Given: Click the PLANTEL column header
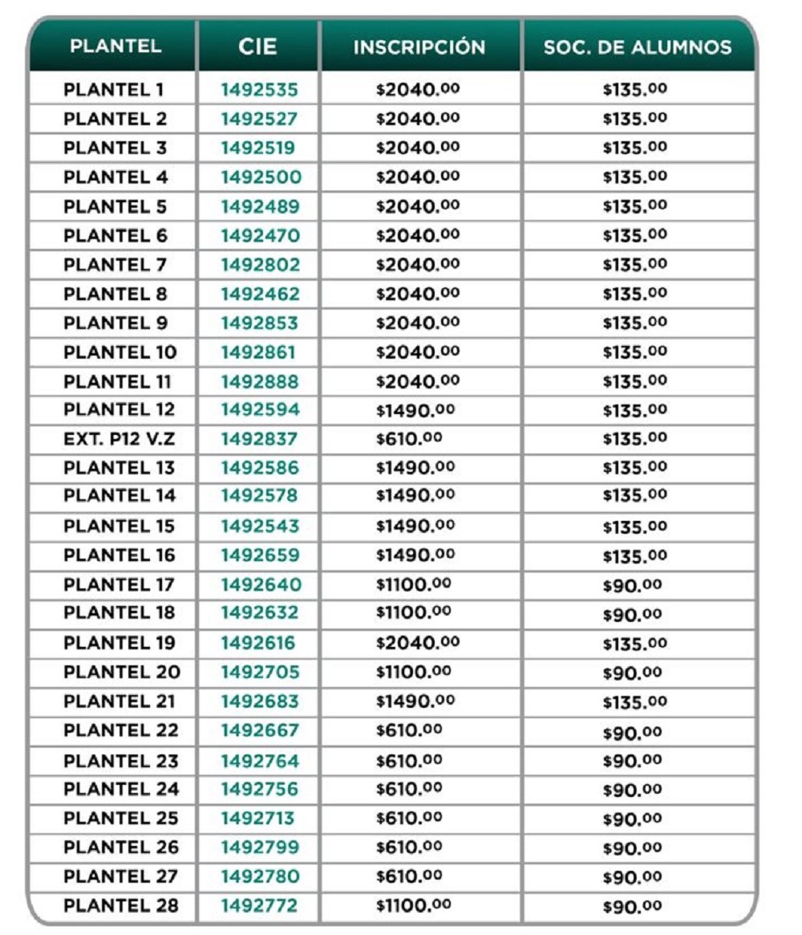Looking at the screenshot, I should coord(115,47).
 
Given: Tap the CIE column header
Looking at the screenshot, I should coord(257,47).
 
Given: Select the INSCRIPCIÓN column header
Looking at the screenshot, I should coord(419,47).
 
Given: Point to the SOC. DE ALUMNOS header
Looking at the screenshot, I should coord(638,47).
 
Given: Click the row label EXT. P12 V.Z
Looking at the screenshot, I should coord(112,439).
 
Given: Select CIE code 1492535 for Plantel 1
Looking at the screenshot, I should coord(259,90).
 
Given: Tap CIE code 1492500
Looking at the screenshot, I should coord(261,177).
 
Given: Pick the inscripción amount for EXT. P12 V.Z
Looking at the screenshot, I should coord(409,439).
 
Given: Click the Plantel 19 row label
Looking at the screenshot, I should coord(119,643).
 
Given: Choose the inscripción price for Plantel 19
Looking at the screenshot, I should coord(418,643).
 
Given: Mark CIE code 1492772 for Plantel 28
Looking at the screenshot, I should coord(259,906).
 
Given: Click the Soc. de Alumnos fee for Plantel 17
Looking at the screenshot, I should coord(633,585).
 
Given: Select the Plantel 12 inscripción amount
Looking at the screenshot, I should coord(415,410).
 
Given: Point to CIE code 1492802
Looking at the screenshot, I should coord(260,265).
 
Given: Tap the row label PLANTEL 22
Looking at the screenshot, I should coord(120,730).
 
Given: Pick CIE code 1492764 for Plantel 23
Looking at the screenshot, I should coord(260,760).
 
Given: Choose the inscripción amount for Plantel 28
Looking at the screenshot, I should coord(414,906).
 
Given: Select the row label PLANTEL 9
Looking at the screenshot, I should coord(115,323).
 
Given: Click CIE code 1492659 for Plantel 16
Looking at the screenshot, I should coord(260,555).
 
